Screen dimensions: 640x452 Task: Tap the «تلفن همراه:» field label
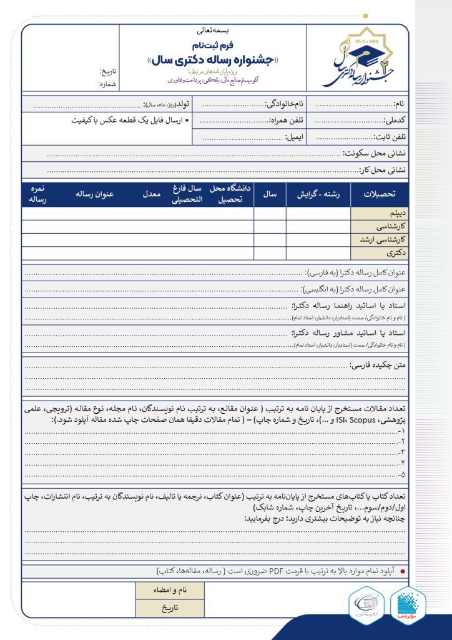[287, 119]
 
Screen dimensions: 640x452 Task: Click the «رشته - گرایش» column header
[317, 195]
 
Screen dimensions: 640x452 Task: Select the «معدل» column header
[152, 195]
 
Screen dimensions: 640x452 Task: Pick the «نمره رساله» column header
[36, 194]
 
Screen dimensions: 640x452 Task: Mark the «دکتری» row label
[397, 253]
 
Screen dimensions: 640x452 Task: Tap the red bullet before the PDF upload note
[401, 571]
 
